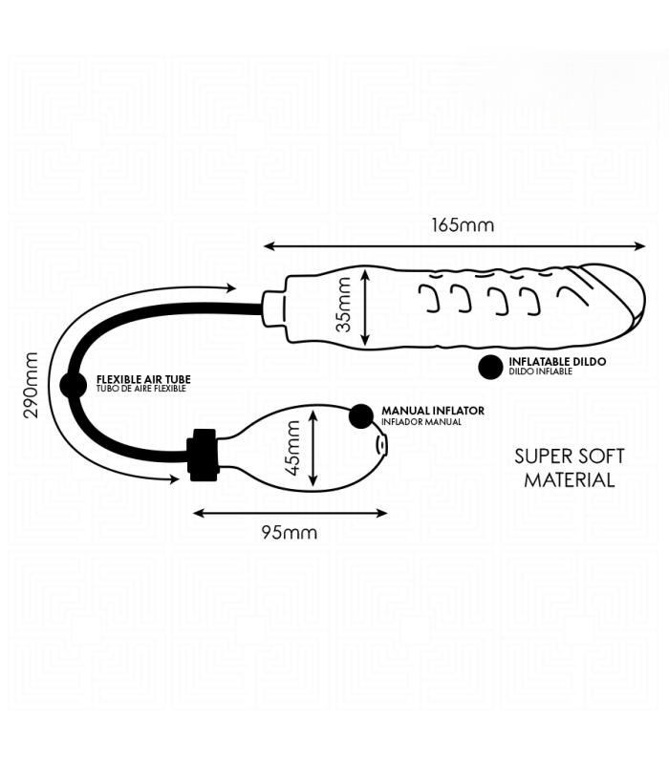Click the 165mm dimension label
point(463,225)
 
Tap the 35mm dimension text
point(344,305)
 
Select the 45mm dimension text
point(293,448)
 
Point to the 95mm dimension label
point(290,532)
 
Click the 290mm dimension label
point(31,385)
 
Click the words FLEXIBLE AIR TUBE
point(143,379)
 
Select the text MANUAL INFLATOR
point(433,411)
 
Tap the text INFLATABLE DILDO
point(557,362)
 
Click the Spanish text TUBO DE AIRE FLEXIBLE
point(140,389)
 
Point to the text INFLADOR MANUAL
point(421,422)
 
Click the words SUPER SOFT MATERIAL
point(569,468)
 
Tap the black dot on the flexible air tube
point(74,385)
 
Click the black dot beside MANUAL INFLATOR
point(361,416)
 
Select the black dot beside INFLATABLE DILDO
point(490,367)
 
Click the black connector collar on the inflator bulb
point(203,456)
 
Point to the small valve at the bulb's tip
point(382,445)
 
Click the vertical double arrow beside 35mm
point(365,308)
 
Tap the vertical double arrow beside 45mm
point(313,448)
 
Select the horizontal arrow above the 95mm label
point(291,513)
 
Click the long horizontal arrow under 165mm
point(455,246)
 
